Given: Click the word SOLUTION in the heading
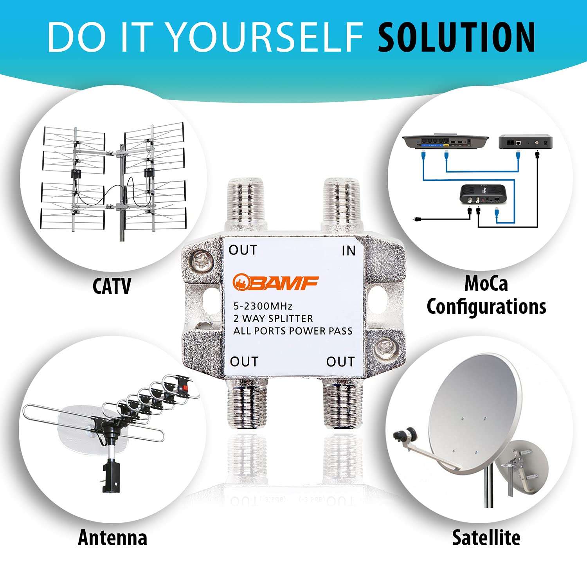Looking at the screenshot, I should (456, 38).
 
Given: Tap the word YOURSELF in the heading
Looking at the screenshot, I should (266, 38).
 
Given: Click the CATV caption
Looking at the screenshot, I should (112, 286).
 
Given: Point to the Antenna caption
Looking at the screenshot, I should (112, 537).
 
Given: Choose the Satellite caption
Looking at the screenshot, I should (486, 537).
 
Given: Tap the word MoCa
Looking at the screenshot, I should (486, 283).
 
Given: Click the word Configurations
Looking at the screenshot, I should (486, 306).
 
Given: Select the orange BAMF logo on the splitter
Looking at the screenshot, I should (275, 283).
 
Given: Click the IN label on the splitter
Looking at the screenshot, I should (348, 251).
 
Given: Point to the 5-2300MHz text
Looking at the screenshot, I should (263, 306).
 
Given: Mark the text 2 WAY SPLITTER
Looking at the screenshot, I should (273, 319).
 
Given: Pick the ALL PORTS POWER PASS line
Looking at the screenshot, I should (293, 331).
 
